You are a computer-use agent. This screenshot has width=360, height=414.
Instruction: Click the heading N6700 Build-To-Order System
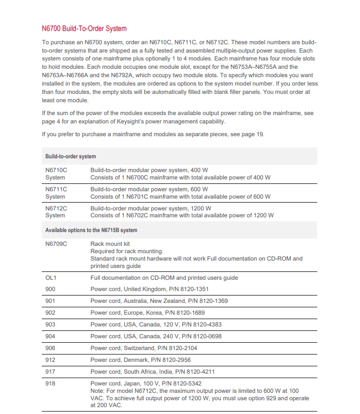click(84, 29)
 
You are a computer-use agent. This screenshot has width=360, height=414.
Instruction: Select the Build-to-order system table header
click(70, 156)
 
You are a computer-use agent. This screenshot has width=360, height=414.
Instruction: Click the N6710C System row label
click(56, 174)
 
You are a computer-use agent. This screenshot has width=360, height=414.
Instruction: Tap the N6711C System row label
click(56, 193)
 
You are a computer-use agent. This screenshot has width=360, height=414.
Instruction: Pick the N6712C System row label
click(56, 211)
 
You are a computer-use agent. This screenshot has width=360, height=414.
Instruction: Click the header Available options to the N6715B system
click(91, 230)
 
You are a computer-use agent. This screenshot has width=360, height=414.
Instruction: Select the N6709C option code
click(56, 244)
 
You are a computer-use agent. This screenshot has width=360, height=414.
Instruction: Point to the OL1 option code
click(51, 278)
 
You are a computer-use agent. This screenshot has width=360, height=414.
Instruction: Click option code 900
click(50, 289)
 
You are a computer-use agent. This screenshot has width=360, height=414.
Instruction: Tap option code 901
click(50, 301)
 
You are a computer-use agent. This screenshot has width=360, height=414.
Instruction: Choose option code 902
click(50, 313)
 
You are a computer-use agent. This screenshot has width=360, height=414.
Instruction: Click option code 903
click(50, 325)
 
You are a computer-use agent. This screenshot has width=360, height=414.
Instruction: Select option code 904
click(50, 336)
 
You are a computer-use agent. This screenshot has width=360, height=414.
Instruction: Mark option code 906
click(50, 348)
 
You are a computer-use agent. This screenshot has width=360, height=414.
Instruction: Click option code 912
click(50, 360)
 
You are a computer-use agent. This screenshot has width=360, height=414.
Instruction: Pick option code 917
click(50, 372)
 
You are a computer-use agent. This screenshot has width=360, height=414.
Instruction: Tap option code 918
click(50, 384)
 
